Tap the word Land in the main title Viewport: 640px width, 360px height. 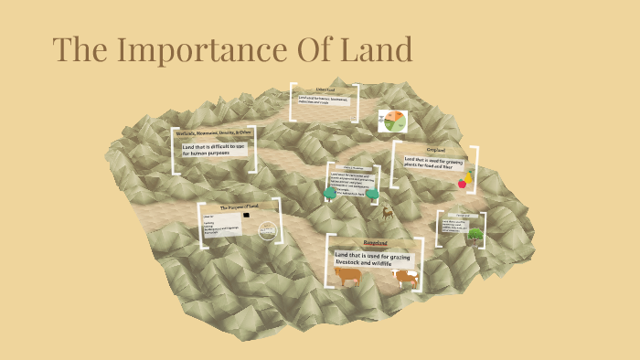point(370,50)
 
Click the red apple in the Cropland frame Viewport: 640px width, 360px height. point(463,183)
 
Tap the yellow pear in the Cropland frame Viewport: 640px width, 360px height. point(470,175)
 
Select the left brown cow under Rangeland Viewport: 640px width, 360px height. point(348,275)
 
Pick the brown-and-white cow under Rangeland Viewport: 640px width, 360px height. point(405,277)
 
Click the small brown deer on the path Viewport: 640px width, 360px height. point(388,214)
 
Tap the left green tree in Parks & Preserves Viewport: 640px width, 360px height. point(331,193)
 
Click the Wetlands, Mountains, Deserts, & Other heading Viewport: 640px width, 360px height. point(214,133)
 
